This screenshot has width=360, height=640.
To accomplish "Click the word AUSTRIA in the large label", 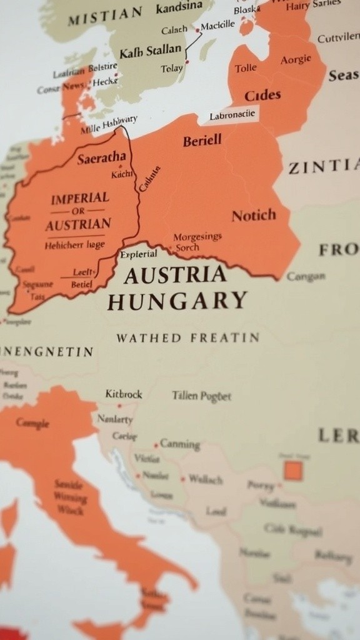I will [x=174, y=275].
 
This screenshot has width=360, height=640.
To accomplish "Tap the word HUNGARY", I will [x=177, y=301].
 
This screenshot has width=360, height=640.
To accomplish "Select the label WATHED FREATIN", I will [x=187, y=338].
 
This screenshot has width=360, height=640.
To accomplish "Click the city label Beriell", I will [x=202, y=141].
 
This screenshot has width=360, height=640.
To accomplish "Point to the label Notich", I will [x=253, y=216].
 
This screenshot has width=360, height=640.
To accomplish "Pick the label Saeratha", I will [x=101, y=157].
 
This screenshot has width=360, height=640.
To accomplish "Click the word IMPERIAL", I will [x=79, y=198].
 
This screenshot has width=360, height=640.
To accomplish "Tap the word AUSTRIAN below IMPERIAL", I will [x=78, y=224].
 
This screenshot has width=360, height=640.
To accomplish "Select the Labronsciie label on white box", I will [x=232, y=114].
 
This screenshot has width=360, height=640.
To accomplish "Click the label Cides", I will [x=262, y=96].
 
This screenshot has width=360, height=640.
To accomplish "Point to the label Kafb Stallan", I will [x=150, y=50].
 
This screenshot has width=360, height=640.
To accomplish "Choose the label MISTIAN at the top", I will [x=104, y=16].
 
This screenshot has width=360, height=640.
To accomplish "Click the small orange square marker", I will [x=292, y=470].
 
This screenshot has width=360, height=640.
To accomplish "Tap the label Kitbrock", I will [x=124, y=394].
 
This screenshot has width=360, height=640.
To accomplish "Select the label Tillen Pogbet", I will [x=201, y=396].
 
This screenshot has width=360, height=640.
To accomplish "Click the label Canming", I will [x=179, y=444].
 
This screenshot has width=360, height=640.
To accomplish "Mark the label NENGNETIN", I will [x=47, y=352].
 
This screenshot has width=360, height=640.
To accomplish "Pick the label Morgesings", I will [x=197, y=237].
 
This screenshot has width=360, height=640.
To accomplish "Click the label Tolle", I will [x=246, y=67].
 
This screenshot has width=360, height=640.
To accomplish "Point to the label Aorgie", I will [x=296, y=59].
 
